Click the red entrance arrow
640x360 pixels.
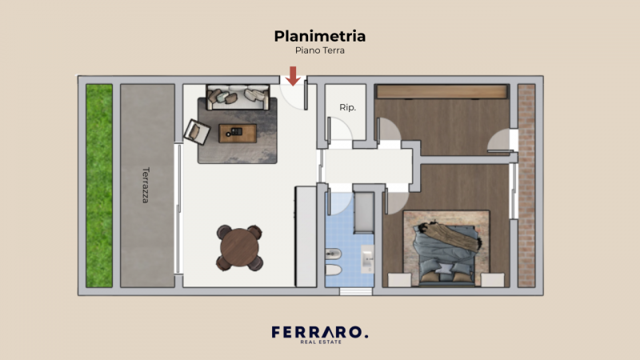[x=294, y=75]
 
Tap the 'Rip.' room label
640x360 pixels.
[x=347, y=107]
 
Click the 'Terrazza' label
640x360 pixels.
[x=146, y=184]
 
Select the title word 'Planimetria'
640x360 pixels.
[x=320, y=36]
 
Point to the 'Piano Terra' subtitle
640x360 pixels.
[x=320, y=50]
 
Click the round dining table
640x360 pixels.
[x=239, y=247]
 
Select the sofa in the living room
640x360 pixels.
[x=237, y=97]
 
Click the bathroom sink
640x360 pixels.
[x=367, y=258]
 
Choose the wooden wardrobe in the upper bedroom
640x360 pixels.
[x=442, y=91]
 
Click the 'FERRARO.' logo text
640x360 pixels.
[x=320, y=331]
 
